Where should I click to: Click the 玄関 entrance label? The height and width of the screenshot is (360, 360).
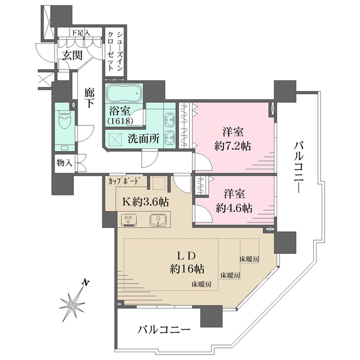(73, 55)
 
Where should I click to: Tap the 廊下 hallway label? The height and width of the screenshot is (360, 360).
(89, 98)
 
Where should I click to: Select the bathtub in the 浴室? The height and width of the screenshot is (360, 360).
(124, 94)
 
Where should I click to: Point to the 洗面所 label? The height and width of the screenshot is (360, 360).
(143, 139)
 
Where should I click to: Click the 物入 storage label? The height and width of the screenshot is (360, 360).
(65, 163)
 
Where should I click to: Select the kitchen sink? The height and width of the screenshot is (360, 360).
(158, 220)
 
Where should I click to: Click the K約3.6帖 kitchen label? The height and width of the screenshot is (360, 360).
(145, 202)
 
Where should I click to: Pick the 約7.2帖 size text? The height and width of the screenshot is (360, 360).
(233, 146)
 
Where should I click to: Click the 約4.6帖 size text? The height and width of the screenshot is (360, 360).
(234, 208)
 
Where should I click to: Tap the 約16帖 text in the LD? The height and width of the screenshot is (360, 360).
(187, 268)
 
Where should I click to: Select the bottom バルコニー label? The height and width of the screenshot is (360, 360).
(164, 330)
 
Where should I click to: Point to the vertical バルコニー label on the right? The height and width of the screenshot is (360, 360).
(299, 167)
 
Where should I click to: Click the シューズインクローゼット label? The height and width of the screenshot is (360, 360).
(115, 52)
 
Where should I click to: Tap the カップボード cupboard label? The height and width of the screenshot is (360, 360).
(124, 181)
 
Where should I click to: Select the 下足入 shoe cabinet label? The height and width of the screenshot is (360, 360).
(80, 32)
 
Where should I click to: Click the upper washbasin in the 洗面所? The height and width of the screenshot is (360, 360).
(170, 119)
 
